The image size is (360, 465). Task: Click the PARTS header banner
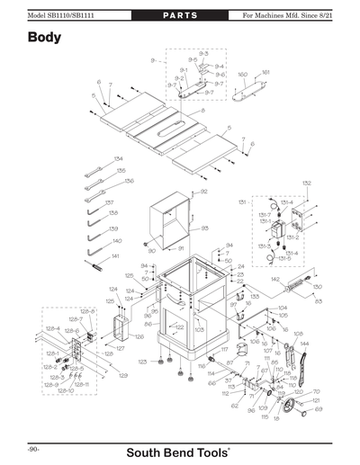(180, 16)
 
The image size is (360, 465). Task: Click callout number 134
(118, 159)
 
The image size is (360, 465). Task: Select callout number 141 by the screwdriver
(114, 256)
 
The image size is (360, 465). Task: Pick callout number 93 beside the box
(204, 228)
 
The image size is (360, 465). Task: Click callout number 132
(306, 183)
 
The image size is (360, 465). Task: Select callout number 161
(265, 72)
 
